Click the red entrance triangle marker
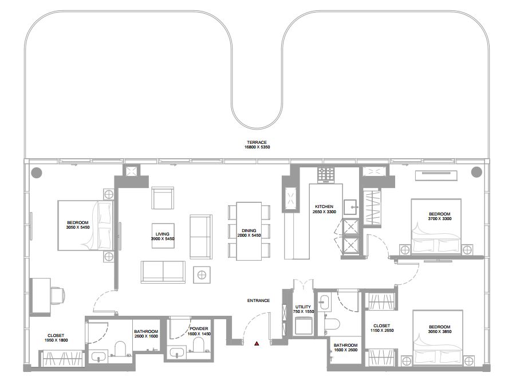pos(257,343)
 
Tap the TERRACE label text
pos(257,142)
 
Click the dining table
pos(249,231)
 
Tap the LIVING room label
pos(163,234)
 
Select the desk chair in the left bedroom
pos(58,295)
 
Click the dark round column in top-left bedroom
pos(37,173)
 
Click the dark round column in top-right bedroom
pos(476,172)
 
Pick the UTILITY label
pos(303,307)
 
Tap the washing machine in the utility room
pos(304,326)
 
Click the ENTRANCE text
pos(258,301)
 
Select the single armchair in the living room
pos(163,198)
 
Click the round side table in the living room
pos(202,275)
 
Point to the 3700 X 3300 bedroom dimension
pos(440,219)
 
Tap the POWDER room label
pos(199,329)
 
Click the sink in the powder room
pos(177,353)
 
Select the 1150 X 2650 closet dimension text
pos(382,331)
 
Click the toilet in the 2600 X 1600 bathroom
pos(120,348)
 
